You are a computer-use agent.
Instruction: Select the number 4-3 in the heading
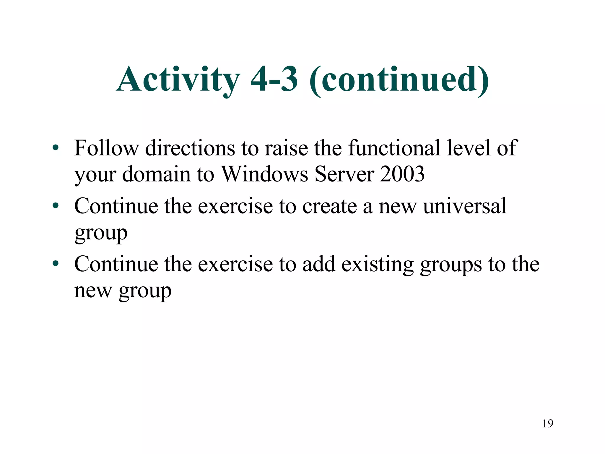(x=274, y=79)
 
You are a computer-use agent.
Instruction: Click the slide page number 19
(x=548, y=424)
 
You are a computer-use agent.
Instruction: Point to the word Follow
(x=106, y=148)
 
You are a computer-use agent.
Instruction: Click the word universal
(x=465, y=206)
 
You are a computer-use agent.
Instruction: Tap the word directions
(x=190, y=148)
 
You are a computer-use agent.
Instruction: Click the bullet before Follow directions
(x=56, y=147)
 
